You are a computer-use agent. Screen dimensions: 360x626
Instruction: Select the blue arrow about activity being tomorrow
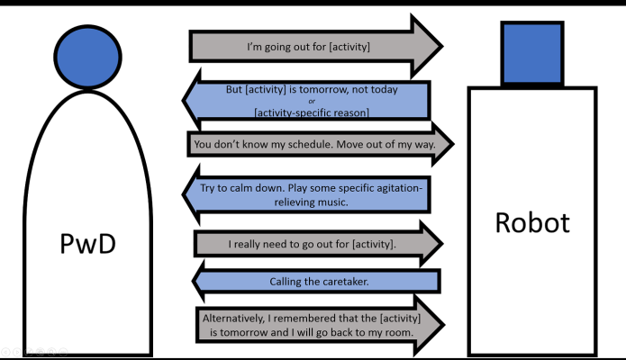pyautogui.click(x=311, y=101)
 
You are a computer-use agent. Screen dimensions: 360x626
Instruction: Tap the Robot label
pyautogui.click(x=532, y=222)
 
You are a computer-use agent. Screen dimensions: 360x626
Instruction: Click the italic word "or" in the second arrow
pyautogui.click(x=311, y=101)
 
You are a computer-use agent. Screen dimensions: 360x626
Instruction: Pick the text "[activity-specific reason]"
pyautogui.click(x=311, y=112)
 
